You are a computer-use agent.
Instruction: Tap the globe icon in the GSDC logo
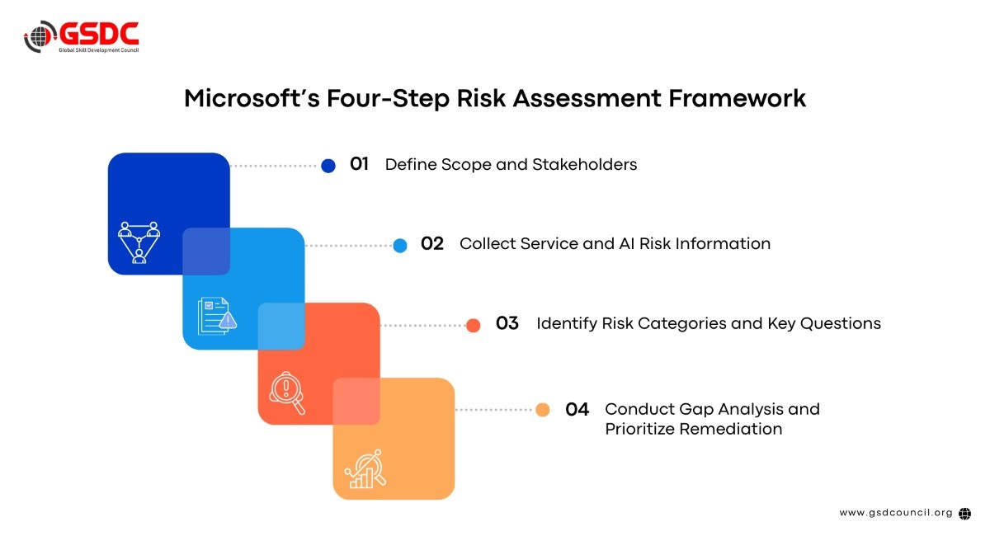[x=40, y=36]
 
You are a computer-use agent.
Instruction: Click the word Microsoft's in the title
[x=252, y=98]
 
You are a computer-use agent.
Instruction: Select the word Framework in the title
[x=737, y=98]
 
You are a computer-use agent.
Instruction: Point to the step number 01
[x=359, y=164]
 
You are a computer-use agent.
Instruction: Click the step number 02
[x=431, y=243]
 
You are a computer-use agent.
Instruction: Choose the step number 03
[x=507, y=323]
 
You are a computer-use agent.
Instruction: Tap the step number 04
[x=577, y=409]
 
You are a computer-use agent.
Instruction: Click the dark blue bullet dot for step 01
[x=328, y=166]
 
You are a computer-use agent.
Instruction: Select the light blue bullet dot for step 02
[x=400, y=245]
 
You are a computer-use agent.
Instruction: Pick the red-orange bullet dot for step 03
[x=473, y=325]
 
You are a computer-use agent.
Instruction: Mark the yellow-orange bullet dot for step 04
[x=542, y=410]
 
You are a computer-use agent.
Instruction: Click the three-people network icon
[x=139, y=242]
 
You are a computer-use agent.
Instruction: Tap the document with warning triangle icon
[x=217, y=317]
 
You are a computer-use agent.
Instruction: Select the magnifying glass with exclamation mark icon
[x=287, y=393]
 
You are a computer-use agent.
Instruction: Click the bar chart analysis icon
[x=365, y=469]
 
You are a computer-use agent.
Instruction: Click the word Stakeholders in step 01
[x=584, y=164]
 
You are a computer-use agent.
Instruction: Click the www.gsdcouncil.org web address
[x=896, y=513]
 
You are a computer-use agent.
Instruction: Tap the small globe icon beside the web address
[x=964, y=514]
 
